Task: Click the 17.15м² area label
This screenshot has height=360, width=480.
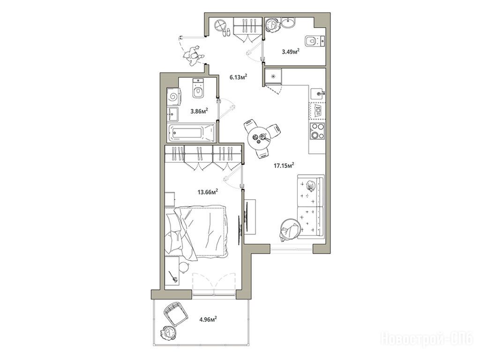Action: click(284, 165)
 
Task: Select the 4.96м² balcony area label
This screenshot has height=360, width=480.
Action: click(208, 320)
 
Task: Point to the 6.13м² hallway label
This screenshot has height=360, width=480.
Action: click(239, 77)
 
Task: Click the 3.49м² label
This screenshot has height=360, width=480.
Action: click(291, 52)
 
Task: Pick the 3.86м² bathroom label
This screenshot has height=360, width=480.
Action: click(199, 111)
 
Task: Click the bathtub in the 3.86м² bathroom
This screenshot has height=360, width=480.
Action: click(192, 133)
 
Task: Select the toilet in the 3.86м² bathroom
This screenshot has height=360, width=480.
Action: click(198, 88)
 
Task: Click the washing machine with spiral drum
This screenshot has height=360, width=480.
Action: click(173, 97)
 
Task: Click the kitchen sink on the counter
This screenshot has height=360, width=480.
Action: click(318, 92)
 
